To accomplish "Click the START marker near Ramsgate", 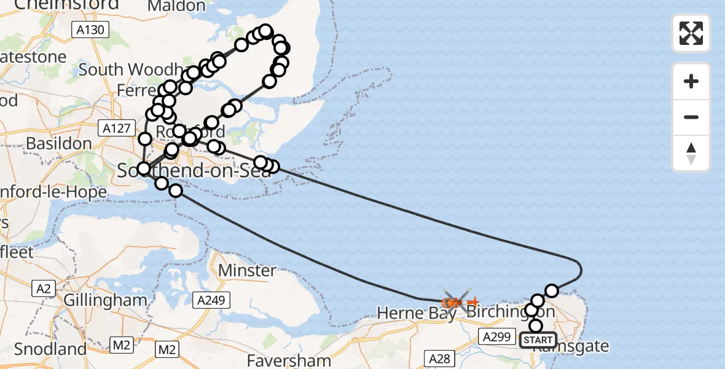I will [x=538, y=339].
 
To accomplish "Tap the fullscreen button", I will [x=691, y=33].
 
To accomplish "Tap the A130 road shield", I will [x=91, y=30].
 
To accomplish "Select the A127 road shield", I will [x=115, y=128].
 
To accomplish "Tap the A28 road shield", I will [x=440, y=359].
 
